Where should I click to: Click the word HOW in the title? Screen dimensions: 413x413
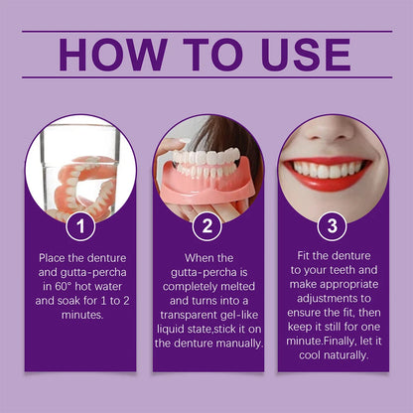pos(111,55)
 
